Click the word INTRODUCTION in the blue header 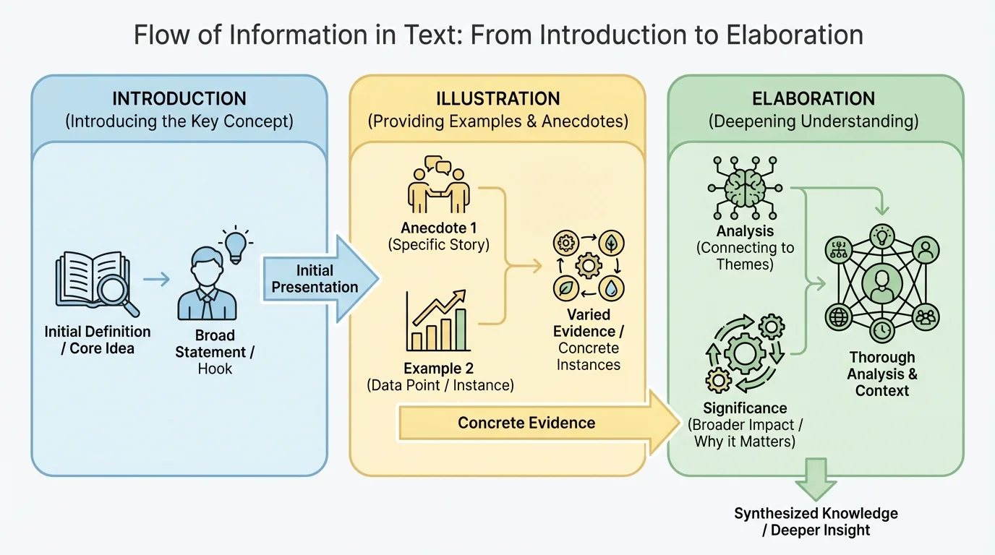pos(179,99)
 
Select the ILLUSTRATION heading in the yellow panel pos(497,99)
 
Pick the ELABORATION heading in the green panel pos(813,99)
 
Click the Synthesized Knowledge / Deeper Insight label pos(816,522)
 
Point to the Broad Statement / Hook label pos(215,352)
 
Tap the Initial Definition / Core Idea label pos(98,340)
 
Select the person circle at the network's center pos(881,284)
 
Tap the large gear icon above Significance pos(744,353)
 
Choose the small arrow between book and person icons pos(155,278)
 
